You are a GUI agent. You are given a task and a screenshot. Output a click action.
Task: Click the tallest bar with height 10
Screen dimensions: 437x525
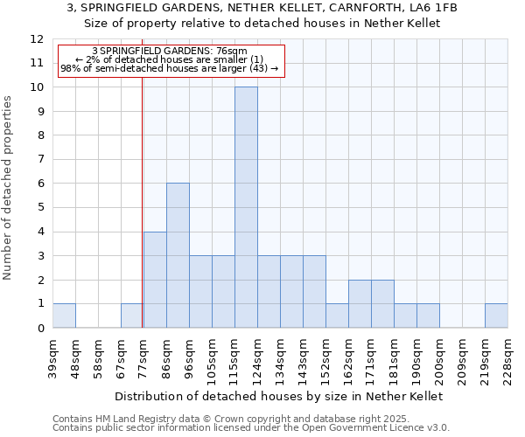(x=246, y=207)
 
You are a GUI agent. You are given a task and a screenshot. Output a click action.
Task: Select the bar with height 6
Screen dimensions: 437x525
(x=178, y=255)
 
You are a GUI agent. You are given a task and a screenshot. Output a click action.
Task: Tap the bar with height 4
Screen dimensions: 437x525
(x=155, y=280)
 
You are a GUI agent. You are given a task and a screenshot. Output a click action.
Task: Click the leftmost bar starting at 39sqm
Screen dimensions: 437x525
(x=64, y=316)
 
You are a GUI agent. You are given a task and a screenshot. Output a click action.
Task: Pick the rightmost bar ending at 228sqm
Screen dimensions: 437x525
(x=496, y=316)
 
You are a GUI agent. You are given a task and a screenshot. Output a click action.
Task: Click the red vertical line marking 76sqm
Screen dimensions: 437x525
(x=142, y=201)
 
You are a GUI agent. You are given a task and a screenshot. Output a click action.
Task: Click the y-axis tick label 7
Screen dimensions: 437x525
(x=40, y=159)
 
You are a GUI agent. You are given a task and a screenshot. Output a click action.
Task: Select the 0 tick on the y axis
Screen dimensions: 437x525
(x=40, y=328)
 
